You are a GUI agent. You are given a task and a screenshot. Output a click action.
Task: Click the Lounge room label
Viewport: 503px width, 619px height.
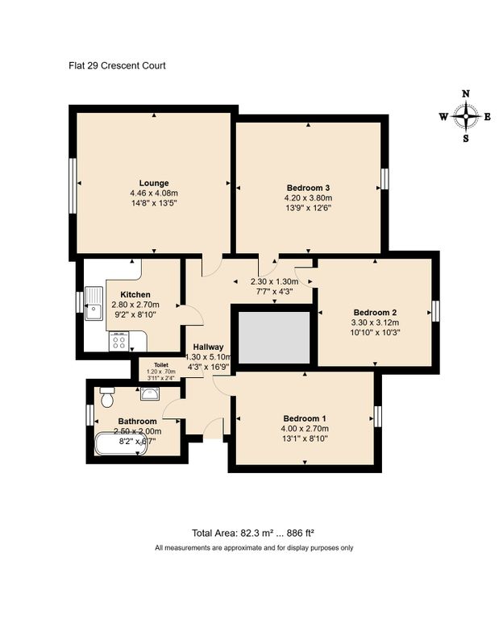(153, 183)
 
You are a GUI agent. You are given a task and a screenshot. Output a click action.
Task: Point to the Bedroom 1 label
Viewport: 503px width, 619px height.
(305, 418)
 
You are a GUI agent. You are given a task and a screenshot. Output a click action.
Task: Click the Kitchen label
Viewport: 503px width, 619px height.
(135, 294)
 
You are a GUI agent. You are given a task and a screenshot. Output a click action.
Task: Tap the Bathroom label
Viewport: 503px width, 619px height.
(137, 421)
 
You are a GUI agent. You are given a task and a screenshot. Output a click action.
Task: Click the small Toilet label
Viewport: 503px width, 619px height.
(161, 364)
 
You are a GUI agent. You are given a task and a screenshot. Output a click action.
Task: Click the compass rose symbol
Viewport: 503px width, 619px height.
(465, 116)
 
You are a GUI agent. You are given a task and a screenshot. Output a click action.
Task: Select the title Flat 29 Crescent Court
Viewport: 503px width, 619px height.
(117, 65)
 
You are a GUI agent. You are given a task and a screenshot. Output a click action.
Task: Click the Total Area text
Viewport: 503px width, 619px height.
(252, 533)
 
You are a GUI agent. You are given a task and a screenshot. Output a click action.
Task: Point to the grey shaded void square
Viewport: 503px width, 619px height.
(272, 336)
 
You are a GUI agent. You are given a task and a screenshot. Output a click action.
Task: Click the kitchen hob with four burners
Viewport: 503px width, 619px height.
(118, 342)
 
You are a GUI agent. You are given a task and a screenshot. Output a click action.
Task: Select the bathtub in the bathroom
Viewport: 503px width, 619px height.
(121, 443)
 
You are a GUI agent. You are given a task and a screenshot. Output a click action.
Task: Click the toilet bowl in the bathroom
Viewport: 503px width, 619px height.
(107, 397)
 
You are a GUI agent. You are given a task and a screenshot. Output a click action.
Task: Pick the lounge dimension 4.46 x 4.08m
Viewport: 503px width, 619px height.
(153, 193)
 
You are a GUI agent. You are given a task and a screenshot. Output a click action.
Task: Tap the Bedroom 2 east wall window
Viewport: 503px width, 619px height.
(435, 311)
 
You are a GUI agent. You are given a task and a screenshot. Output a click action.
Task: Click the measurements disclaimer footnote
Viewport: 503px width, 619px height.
(254, 548)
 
